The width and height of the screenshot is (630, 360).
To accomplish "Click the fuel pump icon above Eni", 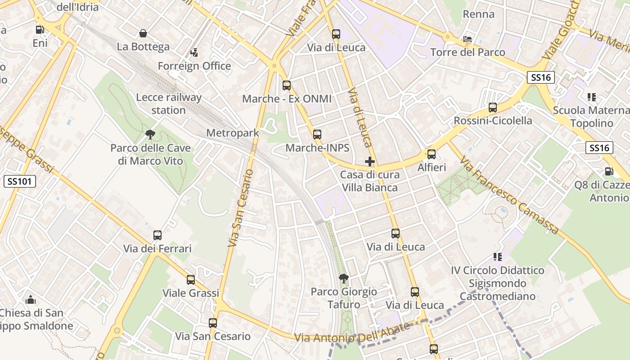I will click(40, 30).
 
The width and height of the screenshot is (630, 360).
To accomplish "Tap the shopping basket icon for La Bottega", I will click(143, 33).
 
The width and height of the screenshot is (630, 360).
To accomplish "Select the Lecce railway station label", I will click(169, 103).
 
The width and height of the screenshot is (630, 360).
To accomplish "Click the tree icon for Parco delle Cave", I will click(150, 134).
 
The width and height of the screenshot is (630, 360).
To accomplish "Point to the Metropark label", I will click(233, 133).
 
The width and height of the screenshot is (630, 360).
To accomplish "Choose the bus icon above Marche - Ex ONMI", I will click(287, 85).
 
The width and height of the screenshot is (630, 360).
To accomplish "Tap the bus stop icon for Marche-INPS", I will click(317, 134).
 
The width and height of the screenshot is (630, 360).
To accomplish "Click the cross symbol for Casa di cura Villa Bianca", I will click(370, 161).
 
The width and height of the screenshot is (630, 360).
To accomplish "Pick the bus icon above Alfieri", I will click(432, 154).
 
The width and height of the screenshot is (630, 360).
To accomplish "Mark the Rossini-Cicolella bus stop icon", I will click(493, 108).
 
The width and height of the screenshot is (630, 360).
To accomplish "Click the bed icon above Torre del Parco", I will click(468, 39).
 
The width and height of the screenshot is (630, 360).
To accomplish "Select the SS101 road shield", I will click(20, 181).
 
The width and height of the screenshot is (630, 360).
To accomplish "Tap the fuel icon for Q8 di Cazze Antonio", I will click(609, 171).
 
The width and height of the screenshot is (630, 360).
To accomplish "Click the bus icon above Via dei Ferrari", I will click(157, 235).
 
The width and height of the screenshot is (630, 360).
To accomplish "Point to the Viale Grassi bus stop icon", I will click(191, 279).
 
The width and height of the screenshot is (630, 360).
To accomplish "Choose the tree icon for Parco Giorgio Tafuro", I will click(344, 278).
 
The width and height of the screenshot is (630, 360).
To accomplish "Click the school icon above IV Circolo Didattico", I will click(497, 257).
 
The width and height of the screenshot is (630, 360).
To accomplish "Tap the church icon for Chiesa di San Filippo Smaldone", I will click(31, 299).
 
